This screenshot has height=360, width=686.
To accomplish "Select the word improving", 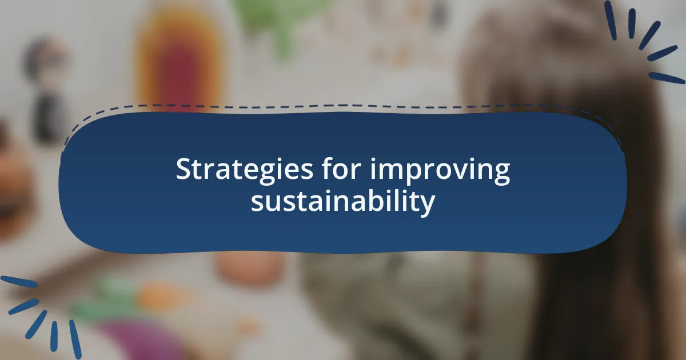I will tap(440, 171).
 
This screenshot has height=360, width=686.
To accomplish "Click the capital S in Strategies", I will tap(184, 170).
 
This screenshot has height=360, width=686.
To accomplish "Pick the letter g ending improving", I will tap(501, 174).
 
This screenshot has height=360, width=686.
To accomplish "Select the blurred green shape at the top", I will tap(274, 23).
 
